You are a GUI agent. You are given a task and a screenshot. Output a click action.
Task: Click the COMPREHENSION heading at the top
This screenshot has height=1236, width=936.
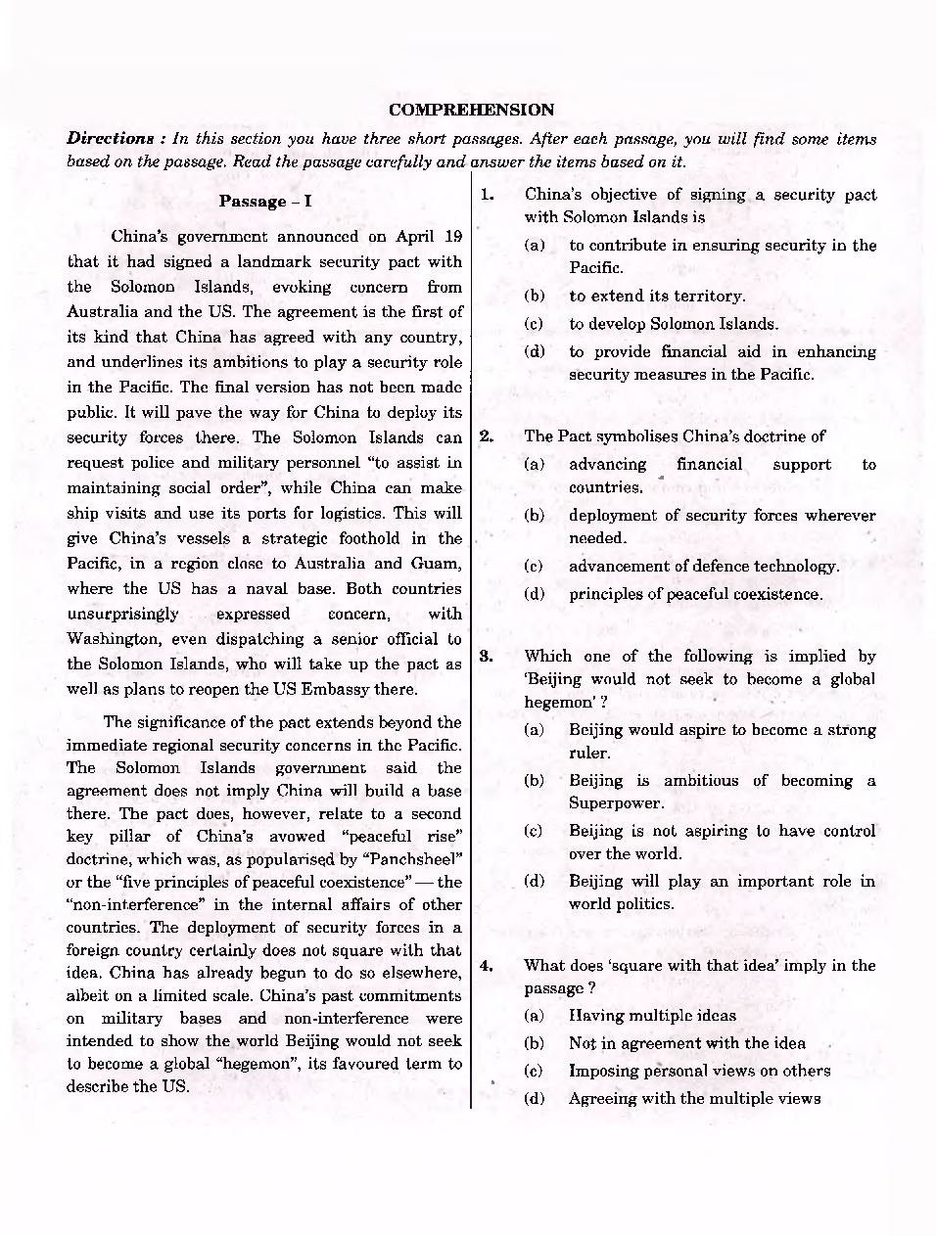click(x=471, y=110)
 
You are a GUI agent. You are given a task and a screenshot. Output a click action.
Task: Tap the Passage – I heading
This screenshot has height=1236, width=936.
click(x=264, y=201)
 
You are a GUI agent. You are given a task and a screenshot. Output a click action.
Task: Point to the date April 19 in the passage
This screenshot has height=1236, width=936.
click(x=428, y=236)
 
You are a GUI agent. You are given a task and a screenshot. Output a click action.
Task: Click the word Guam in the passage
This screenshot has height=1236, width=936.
click(x=438, y=563)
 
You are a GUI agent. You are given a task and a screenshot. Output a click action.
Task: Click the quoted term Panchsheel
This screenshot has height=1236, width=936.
click(x=412, y=858)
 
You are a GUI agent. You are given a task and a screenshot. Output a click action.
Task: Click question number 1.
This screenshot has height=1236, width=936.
click(x=487, y=195)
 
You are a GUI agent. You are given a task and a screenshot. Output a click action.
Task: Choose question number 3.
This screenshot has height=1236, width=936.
click(x=487, y=656)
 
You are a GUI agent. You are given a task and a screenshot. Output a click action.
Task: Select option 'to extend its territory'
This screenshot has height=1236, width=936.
click(x=657, y=296)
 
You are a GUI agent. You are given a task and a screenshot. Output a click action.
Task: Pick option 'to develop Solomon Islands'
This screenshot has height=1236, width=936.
click(x=674, y=324)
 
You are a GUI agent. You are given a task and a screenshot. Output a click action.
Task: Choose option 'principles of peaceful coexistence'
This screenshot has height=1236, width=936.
click(x=695, y=594)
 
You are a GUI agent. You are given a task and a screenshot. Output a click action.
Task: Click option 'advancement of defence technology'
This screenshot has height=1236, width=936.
click(x=703, y=566)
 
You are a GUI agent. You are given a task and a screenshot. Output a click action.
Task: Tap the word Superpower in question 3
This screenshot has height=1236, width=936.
click(x=616, y=802)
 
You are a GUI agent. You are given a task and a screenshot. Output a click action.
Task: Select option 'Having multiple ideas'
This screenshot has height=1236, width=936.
click(x=652, y=1015)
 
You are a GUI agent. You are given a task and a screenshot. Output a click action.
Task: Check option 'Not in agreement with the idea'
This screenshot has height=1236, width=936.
click(x=686, y=1043)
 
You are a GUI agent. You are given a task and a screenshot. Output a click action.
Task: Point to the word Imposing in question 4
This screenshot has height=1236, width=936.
click(x=602, y=1071)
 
